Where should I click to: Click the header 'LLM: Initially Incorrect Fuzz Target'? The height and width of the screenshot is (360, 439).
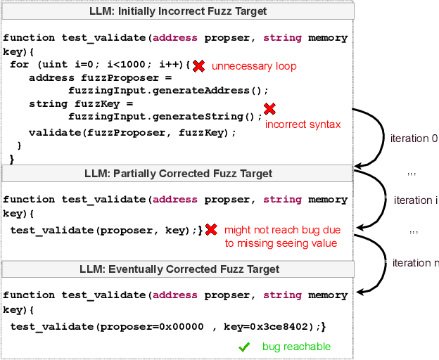click(177, 12)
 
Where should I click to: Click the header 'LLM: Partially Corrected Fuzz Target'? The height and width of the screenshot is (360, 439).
click(178, 173)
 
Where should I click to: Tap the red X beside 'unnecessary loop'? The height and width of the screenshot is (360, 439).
click(199, 65)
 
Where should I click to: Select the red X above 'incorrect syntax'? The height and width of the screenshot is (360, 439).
click(269, 109)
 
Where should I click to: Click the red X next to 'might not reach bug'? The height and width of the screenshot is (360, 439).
click(210, 230)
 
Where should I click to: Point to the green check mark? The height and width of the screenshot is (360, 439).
click(244, 347)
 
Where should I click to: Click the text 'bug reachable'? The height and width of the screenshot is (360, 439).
click(296, 347)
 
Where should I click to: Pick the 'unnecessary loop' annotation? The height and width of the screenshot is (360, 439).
click(254, 66)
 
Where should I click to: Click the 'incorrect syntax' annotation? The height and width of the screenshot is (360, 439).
click(303, 124)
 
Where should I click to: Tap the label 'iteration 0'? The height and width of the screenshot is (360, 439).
click(413, 139)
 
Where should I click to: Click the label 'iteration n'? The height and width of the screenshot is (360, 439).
click(415, 263)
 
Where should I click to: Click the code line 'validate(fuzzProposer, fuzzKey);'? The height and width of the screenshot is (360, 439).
click(132, 132)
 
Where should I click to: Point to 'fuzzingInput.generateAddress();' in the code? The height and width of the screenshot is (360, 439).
click(169, 91)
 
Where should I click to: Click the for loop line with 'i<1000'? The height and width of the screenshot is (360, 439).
click(99, 65)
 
